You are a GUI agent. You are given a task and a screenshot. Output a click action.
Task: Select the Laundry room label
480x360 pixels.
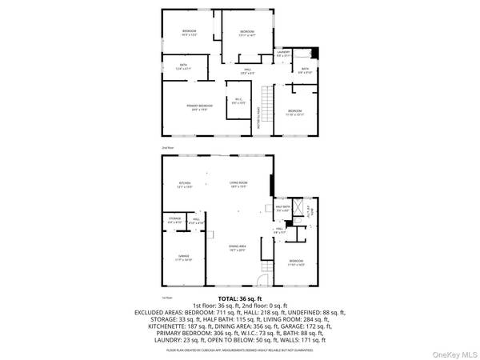coord(282,55)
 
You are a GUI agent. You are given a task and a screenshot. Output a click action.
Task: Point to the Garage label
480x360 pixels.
coord(184,258)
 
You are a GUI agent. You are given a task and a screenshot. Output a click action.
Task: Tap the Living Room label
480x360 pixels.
coord(237,184)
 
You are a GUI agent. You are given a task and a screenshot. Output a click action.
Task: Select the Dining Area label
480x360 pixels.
coord(236,250)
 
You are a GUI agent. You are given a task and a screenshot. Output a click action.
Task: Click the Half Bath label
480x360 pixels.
coord(282,210)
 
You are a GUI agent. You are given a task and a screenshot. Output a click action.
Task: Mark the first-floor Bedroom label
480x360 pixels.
coord(296,262)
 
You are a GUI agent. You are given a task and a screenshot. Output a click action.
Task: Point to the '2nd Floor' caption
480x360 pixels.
coord(168,148)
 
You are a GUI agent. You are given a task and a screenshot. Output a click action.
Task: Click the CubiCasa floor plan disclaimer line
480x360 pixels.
coord(239,350)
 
